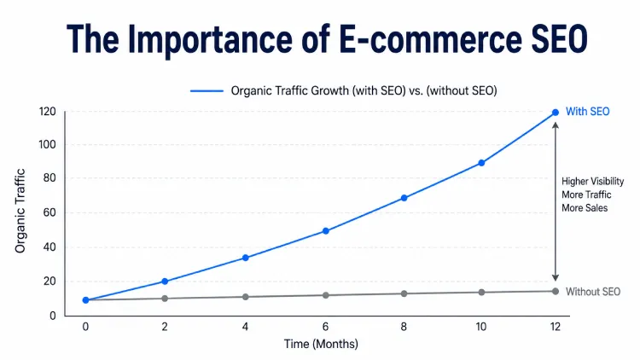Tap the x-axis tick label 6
pos(325,327)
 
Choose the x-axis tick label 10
pos(481,327)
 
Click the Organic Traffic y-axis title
pos(20,212)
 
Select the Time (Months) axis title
pos(321,345)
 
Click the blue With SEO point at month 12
pos(556,112)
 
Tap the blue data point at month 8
pos(404,198)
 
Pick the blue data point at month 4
pos(246,258)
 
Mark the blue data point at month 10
pos(481,163)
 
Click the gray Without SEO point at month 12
pos(556,292)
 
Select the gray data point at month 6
pos(325,295)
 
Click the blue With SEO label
pos(590,112)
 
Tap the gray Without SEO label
pos(593,292)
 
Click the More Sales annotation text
pos(585,208)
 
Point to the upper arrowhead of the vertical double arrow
pos(556,125)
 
